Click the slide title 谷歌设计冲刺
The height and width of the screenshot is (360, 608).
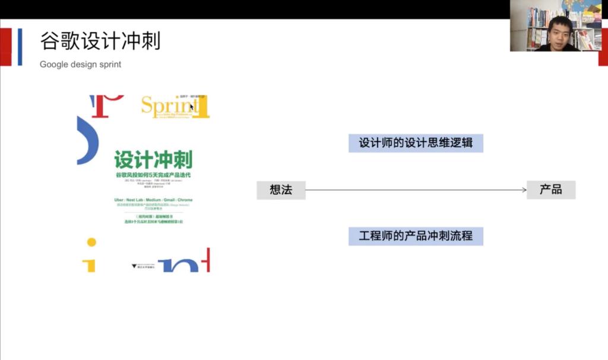click(x=100, y=42)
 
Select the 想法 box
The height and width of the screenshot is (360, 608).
click(x=280, y=190)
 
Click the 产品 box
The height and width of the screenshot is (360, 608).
click(x=550, y=190)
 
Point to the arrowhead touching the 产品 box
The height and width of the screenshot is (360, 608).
click(x=523, y=190)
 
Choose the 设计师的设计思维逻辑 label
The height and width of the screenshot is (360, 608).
click(x=416, y=143)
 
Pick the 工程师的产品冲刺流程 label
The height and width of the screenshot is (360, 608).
click(x=416, y=236)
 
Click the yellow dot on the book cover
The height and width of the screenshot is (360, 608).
click(x=91, y=242)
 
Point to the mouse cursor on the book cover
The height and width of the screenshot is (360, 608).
click(x=192, y=106)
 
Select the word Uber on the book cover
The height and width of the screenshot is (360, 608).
click(x=119, y=200)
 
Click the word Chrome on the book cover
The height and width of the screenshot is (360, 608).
click(x=185, y=200)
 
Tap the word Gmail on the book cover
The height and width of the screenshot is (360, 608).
click(x=166, y=200)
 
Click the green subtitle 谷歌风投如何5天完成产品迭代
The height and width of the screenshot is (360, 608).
click(x=153, y=176)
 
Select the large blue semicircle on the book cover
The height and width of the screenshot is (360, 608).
click(x=87, y=140)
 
